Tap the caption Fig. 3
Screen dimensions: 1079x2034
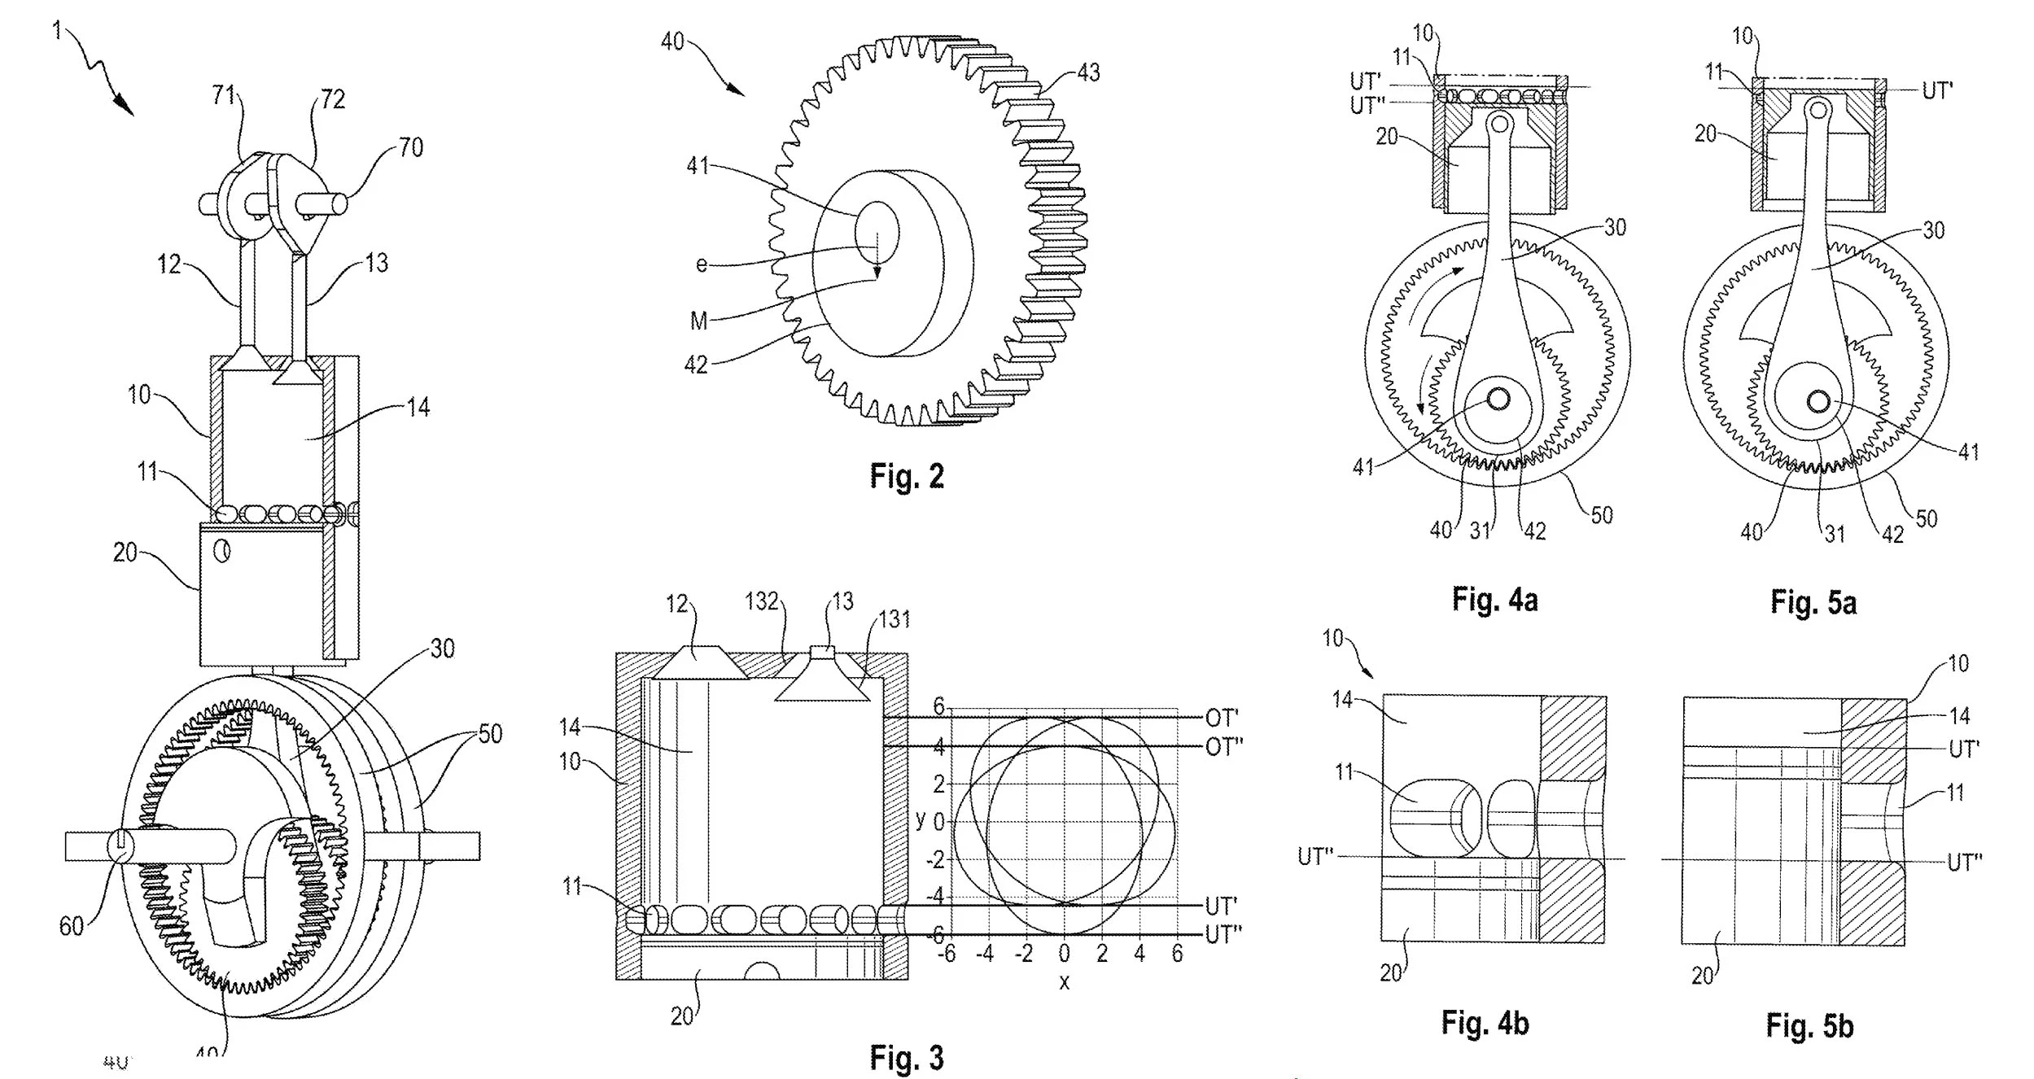(907, 1058)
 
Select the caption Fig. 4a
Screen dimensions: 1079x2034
(1494, 601)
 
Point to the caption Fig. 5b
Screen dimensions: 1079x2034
(1809, 1026)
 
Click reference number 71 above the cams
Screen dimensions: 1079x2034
(224, 96)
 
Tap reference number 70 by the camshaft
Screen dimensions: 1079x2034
(411, 147)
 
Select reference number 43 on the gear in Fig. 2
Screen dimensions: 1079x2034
(1088, 73)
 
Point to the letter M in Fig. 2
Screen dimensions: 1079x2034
(698, 322)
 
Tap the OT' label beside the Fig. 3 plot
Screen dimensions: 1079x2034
(1222, 718)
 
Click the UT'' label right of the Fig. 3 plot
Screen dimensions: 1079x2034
(1223, 936)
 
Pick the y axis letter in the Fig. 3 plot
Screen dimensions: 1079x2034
(921, 819)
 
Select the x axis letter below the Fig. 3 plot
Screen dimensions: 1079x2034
(1064, 982)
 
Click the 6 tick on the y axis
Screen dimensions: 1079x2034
(938, 707)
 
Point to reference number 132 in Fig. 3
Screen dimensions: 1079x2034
(762, 602)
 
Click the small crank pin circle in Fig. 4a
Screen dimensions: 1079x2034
(1498, 399)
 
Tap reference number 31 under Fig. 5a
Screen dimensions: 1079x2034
(1835, 534)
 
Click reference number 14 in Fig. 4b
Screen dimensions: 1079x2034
(1342, 699)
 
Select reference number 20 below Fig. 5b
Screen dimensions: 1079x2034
(1702, 976)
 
